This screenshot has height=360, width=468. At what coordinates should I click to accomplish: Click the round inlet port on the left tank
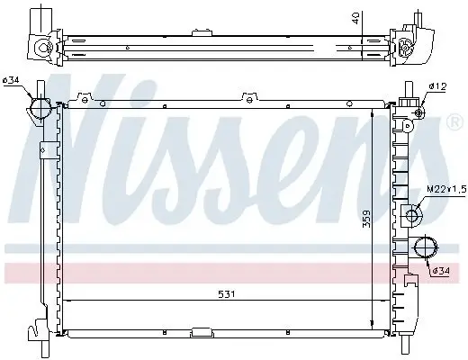point(40,109)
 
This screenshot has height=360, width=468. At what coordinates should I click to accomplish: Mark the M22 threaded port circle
point(412,214)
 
